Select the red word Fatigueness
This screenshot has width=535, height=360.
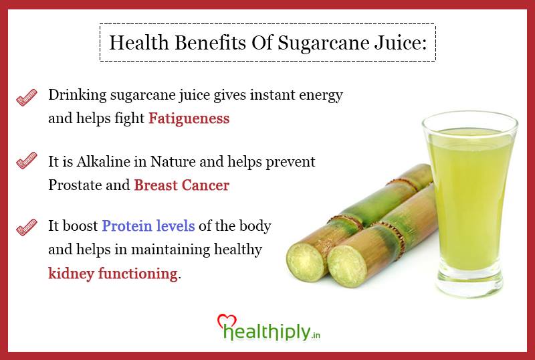tap(189, 119)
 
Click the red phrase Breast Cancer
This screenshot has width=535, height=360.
tap(181, 185)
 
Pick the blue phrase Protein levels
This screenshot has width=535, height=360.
tap(148, 226)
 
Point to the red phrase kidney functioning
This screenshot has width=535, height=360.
tap(113, 274)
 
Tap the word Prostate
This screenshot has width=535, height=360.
tap(74, 185)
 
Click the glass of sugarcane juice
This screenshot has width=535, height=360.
tap(470, 194)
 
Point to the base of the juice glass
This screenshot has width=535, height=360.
tap(470, 282)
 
